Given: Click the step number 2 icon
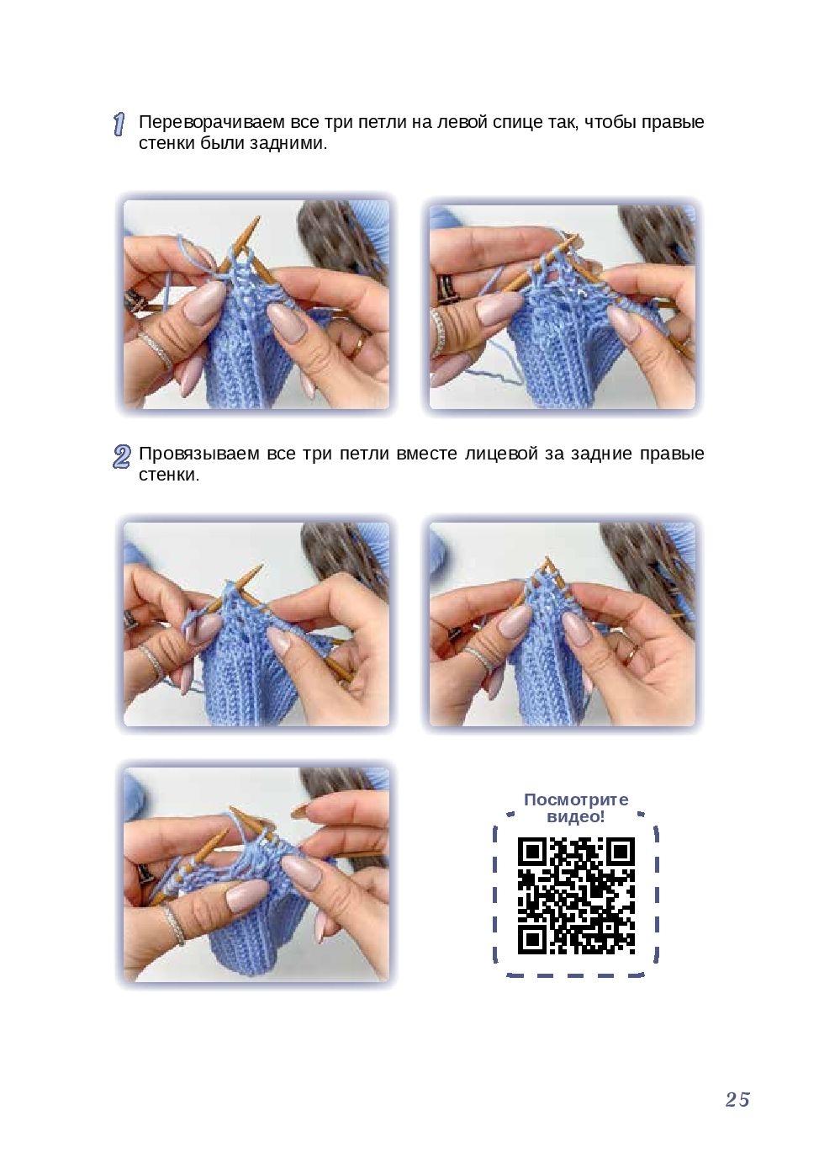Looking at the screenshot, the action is [x=121, y=457].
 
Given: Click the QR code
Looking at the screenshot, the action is [x=576, y=896].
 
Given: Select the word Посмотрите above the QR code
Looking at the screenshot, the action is [x=576, y=799].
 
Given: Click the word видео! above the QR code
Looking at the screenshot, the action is [x=576, y=817].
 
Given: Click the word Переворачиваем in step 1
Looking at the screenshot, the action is [x=212, y=123].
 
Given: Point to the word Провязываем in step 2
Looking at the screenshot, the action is [x=198, y=454].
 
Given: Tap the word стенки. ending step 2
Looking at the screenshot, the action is [x=169, y=475].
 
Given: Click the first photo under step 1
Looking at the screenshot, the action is [x=256, y=304].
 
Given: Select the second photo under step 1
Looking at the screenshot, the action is [x=563, y=306].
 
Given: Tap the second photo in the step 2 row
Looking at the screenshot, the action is [x=563, y=624].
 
